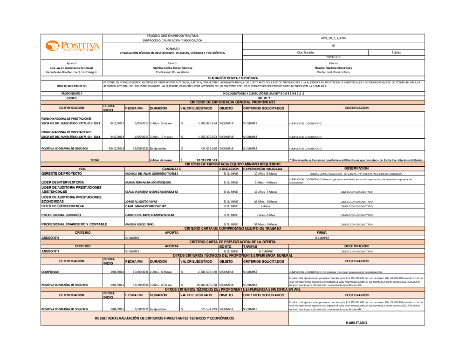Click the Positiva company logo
[x=72, y=46]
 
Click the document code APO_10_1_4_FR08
[x=334, y=38]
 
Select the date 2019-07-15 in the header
[x=334, y=57]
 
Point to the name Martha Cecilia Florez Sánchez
[x=172, y=68]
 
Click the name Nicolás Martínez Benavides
[x=333, y=68]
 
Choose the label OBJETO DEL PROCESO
[x=72, y=86]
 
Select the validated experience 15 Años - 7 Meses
[x=265, y=191]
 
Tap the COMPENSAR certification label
[x=50, y=272]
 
